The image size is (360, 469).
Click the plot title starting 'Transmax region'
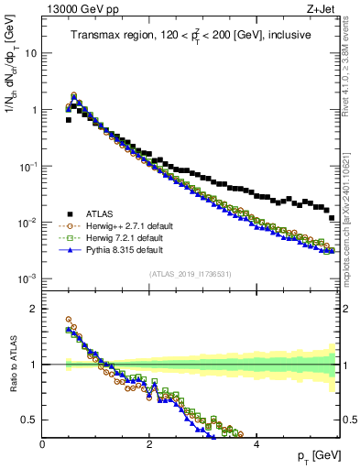(191, 35)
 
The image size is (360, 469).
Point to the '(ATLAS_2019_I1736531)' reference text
(191, 274)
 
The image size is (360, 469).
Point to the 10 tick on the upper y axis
(30, 53)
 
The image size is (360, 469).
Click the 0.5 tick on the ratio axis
(29, 420)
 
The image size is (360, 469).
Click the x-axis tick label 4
(256, 443)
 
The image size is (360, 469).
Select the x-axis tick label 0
(42, 443)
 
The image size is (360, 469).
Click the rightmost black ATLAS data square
(332, 218)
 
